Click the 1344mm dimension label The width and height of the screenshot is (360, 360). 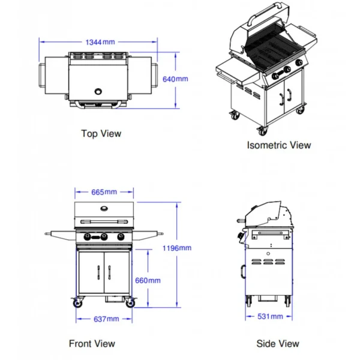click(x=100, y=42)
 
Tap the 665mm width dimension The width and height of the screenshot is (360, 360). click(x=104, y=192)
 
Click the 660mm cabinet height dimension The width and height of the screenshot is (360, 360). click(x=148, y=280)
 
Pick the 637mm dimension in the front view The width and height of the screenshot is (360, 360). click(x=104, y=319)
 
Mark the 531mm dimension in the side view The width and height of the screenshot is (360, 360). click(x=269, y=316)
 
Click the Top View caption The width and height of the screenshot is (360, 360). click(x=101, y=133)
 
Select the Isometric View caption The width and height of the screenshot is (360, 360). click(x=279, y=145)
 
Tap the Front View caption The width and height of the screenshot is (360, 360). click(x=92, y=344)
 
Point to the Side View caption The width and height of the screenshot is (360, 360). click(x=278, y=344)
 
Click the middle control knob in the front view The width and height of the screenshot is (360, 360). click(x=104, y=237)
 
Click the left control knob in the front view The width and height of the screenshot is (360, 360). click(x=88, y=237)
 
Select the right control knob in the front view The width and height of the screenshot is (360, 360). click(x=121, y=237)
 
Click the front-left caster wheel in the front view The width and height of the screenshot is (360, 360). click(x=77, y=304)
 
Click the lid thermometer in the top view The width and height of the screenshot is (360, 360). click(x=98, y=92)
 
